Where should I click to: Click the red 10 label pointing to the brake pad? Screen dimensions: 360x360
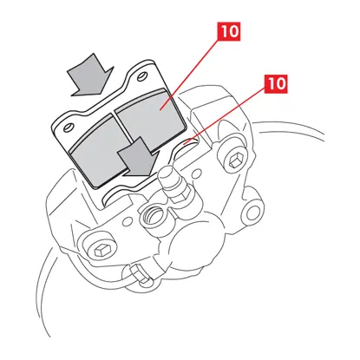click(x=230, y=31)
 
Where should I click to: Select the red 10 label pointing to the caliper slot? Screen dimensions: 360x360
click(x=277, y=84)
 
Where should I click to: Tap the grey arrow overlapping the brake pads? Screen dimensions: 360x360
click(x=138, y=156)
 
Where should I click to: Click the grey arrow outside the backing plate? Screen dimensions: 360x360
click(x=90, y=75)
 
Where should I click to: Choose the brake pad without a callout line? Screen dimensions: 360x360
click(x=98, y=150)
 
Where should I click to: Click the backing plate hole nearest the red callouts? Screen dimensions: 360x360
click(x=141, y=76)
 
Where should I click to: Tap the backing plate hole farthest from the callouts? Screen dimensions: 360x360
click(x=69, y=128)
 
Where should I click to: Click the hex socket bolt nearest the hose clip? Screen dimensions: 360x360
click(x=102, y=250)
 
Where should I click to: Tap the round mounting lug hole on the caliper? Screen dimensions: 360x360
click(x=253, y=213)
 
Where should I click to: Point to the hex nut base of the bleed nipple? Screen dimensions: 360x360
click(x=178, y=193)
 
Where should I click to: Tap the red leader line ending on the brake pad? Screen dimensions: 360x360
click(x=190, y=75)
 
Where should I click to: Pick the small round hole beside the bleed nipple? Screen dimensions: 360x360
click(x=197, y=173)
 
